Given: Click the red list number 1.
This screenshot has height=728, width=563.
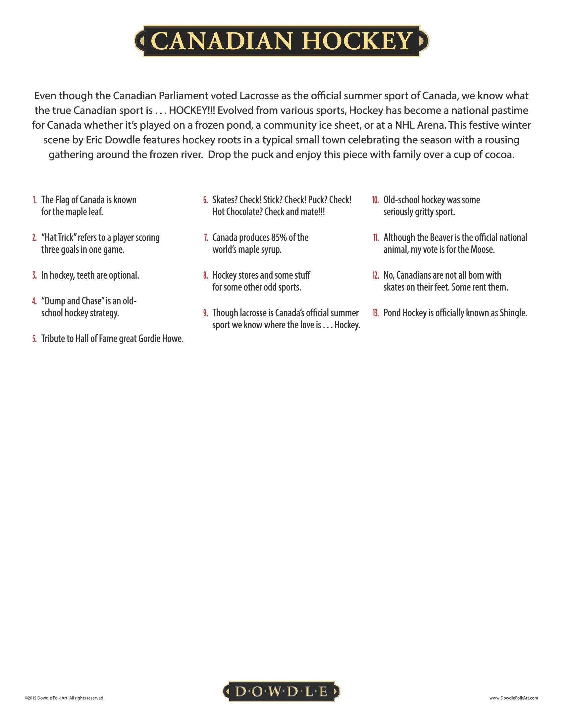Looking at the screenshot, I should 35,200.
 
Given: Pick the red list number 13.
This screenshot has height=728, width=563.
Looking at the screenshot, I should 376,313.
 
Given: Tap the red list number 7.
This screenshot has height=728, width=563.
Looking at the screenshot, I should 206,238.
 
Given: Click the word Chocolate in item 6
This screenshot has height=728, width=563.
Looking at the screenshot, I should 244,212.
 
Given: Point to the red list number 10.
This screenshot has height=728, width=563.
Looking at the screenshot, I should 376,200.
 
